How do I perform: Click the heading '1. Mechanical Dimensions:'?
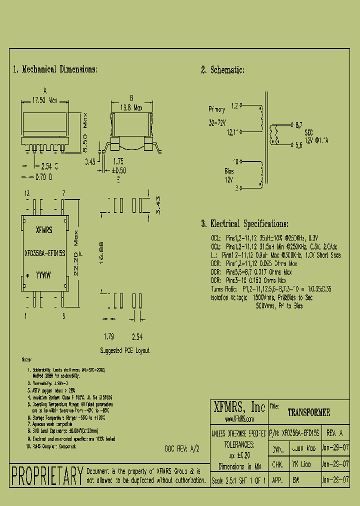click(55, 69)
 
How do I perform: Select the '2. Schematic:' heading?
click(223, 70)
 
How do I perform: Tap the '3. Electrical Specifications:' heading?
click(244, 223)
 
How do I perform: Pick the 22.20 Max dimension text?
click(76, 255)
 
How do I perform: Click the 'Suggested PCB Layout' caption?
click(124, 350)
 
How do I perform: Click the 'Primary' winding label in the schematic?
click(217, 109)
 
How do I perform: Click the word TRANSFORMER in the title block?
click(309, 413)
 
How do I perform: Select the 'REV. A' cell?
click(334, 433)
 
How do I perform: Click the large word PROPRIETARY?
click(47, 475)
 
